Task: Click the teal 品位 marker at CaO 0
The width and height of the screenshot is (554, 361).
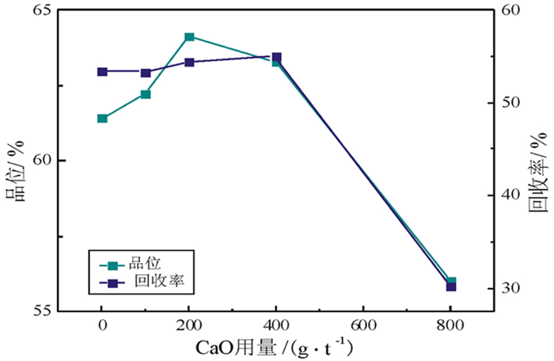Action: (102, 119)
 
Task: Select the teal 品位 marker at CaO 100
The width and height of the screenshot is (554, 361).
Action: (146, 94)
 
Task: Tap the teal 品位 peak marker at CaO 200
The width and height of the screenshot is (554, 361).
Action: (189, 37)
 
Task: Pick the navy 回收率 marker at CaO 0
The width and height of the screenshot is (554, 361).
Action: (102, 72)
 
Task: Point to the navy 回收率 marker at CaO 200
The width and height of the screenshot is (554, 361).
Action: (189, 62)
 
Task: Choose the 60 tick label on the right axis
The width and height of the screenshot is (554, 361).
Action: (513, 10)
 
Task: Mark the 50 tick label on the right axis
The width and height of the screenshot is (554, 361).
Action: (513, 103)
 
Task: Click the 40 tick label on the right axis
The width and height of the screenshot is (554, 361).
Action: (513, 196)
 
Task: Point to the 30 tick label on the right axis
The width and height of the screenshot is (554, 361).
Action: (513, 288)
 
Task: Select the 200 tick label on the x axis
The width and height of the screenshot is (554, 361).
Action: (188, 325)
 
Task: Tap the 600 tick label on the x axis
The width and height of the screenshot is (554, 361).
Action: (363, 325)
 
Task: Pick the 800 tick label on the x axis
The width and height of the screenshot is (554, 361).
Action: (450, 325)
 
